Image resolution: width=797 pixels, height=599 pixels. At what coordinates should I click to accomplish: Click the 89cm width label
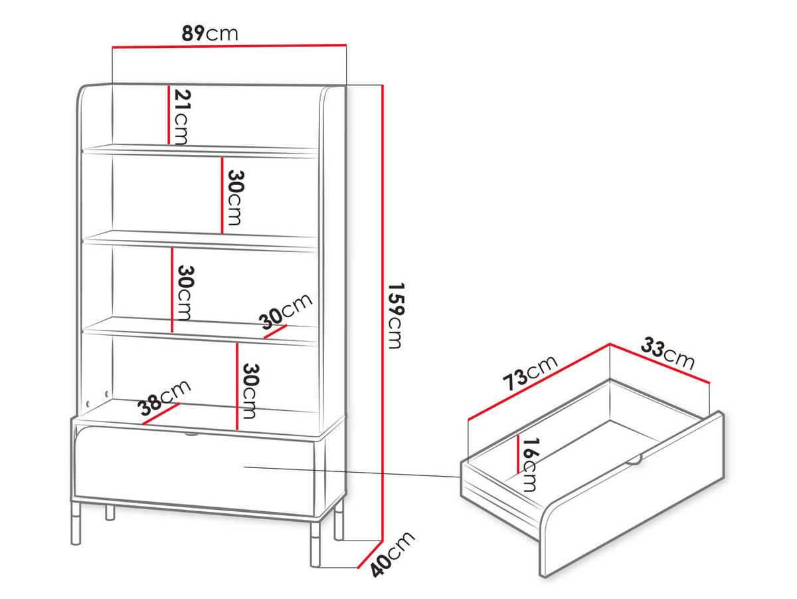210,33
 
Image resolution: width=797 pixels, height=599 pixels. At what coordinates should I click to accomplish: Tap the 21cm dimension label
181,117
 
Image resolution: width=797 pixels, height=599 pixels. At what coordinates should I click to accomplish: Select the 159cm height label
395,316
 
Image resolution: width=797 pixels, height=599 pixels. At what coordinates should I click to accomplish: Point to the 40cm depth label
392,554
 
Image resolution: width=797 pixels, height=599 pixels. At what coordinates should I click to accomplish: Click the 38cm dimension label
165,398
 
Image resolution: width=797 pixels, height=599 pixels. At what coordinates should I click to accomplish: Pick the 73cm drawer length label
530,373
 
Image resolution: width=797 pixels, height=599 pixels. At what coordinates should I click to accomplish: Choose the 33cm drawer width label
667,354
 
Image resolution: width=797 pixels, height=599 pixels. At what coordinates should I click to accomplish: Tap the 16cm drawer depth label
529,465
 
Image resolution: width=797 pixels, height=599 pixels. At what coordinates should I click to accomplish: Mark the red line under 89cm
229,46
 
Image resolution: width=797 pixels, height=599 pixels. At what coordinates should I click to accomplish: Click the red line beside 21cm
169,115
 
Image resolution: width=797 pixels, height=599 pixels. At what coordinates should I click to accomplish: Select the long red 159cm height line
382,313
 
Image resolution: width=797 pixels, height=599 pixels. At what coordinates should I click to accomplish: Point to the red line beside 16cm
518,454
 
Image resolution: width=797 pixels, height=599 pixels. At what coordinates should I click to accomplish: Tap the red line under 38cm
161,414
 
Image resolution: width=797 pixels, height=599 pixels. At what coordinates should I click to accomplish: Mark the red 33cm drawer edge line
660,363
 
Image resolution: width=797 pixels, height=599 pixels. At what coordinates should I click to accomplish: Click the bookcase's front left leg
76,523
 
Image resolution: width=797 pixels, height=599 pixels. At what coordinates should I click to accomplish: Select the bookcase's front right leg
315,544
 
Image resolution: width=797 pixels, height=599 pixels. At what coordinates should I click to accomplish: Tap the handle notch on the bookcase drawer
191,433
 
